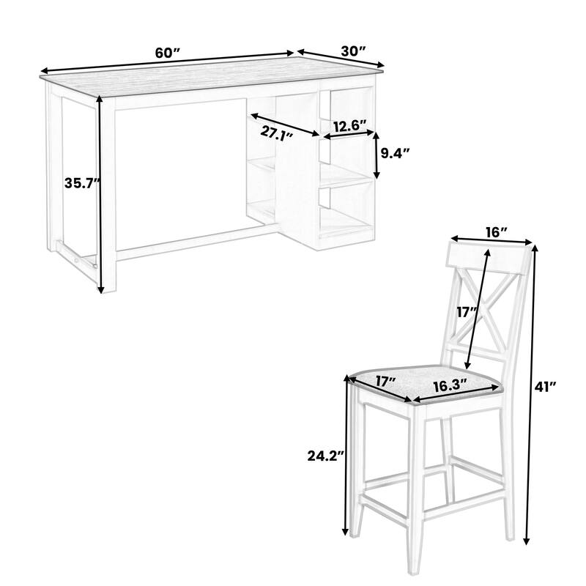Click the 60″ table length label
click(x=167, y=53)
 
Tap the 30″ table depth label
click(x=352, y=51)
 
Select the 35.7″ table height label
click(x=81, y=184)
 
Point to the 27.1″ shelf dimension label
click(x=275, y=133)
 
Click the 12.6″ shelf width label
click(x=348, y=126)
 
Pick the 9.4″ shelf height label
click(x=395, y=153)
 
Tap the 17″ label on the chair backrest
click(x=467, y=312)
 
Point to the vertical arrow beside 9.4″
click(x=377, y=155)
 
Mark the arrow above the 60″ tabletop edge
click(x=167, y=62)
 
